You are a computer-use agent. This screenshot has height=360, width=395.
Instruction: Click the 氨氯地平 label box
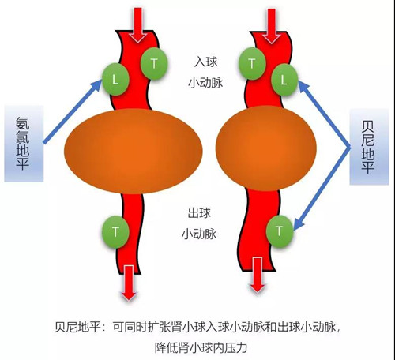pos(24,144)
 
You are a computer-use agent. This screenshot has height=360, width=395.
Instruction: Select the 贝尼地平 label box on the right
pos(369,147)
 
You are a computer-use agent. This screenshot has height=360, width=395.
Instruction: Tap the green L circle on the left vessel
pos(115,79)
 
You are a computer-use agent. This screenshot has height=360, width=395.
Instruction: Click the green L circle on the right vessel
pos(284,80)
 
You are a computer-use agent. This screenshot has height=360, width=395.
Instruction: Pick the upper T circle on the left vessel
pos(154,63)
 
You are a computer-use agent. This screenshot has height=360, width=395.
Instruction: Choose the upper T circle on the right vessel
pos(252,64)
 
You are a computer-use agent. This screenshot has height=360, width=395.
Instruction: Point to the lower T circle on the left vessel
pos(115,232)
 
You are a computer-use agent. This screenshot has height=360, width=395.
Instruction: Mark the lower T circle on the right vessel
pos(280,231)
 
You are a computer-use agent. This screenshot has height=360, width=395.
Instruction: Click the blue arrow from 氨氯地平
pos(73,111)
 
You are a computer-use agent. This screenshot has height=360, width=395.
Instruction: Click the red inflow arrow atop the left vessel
pos(137,25)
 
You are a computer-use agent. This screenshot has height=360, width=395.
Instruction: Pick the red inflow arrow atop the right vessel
pos(272,25)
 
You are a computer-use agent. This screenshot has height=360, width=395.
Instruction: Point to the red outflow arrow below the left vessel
pos(129,283)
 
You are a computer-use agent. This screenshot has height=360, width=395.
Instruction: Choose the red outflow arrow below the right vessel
pos(258,275)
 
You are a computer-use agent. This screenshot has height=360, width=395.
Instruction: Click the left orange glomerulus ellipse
pos(134,152)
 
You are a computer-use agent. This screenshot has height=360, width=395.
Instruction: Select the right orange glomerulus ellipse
pos(266,148)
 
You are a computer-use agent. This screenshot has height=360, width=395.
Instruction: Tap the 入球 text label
pos(206,62)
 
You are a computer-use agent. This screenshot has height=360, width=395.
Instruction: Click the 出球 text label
pos(199,213)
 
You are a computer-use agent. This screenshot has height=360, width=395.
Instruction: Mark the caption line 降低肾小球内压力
pos(201,347)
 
